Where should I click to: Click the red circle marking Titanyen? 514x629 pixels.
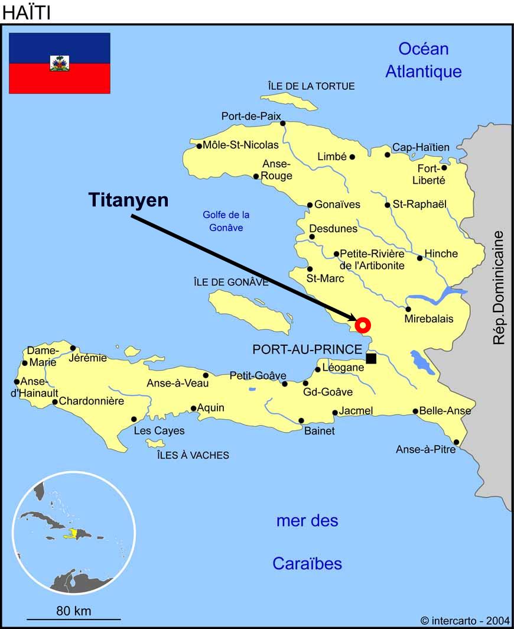[x=363, y=325]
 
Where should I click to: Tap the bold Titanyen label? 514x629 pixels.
[x=129, y=200]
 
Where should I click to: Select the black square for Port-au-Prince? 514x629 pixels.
[x=371, y=358]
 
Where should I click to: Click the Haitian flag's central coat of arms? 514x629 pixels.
[x=60, y=63]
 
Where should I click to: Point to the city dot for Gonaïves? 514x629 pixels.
[x=310, y=206]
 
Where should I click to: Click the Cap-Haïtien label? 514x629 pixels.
[x=421, y=147]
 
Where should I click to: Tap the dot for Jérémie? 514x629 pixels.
[x=73, y=348]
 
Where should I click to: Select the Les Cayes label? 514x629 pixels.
[x=159, y=431]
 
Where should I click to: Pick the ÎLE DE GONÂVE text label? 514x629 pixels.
[x=231, y=283]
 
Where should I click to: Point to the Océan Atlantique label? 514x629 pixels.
[x=424, y=60]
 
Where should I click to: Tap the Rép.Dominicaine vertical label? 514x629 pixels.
[x=500, y=287]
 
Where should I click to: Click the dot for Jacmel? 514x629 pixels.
[x=335, y=413]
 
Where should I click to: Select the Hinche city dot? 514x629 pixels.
[x=420, y=258]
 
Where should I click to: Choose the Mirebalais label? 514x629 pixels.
[x=429, y=319]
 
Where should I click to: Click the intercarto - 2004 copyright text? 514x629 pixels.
[x=465, y=621]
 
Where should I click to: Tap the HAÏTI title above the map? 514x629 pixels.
[x=27, y=12]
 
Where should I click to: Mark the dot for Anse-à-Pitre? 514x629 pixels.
[x=456, y=442]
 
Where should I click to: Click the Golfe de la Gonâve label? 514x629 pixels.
[x=226, y=221]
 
